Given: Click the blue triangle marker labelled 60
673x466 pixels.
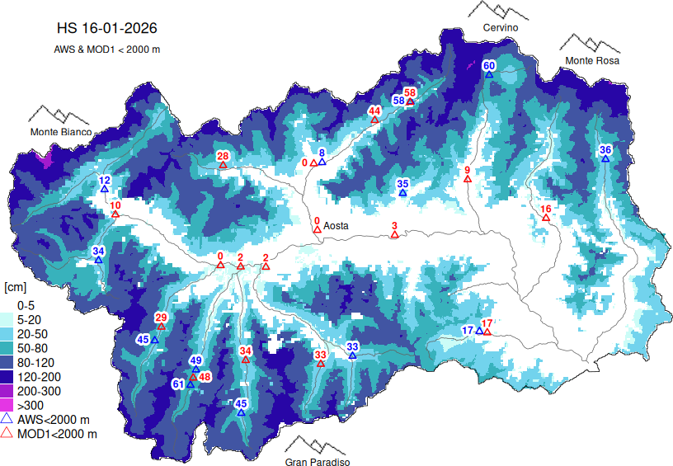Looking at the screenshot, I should tap(488, 74).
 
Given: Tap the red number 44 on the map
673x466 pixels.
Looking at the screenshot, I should tap(374, 111).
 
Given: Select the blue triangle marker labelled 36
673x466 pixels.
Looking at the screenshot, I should tap(605, 158).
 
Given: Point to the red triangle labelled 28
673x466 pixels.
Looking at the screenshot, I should tap(223, 165).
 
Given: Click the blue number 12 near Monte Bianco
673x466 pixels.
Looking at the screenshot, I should tap(105, 180).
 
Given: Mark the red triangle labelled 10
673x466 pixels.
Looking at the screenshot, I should tap(115, 214).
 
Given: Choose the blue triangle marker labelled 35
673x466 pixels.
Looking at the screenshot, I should tap(402, 193).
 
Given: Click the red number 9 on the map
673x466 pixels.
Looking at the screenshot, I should tap(467, 170).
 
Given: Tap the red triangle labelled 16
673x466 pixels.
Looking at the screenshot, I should tap(545, 219).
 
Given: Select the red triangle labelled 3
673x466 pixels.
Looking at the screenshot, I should tap(394, 235).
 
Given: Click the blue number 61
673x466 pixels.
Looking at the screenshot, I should tap(178, 384).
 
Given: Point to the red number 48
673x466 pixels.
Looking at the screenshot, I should tap(205, 377).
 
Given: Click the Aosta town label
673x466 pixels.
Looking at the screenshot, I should tap(336, 225).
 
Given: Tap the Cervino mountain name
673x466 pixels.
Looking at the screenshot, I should tap(501, 27).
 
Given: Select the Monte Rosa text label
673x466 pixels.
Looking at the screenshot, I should tap(591, 60).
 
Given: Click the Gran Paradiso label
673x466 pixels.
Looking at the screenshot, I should tap(318, 462).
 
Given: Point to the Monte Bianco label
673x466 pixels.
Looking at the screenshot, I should tap(60, 131).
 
